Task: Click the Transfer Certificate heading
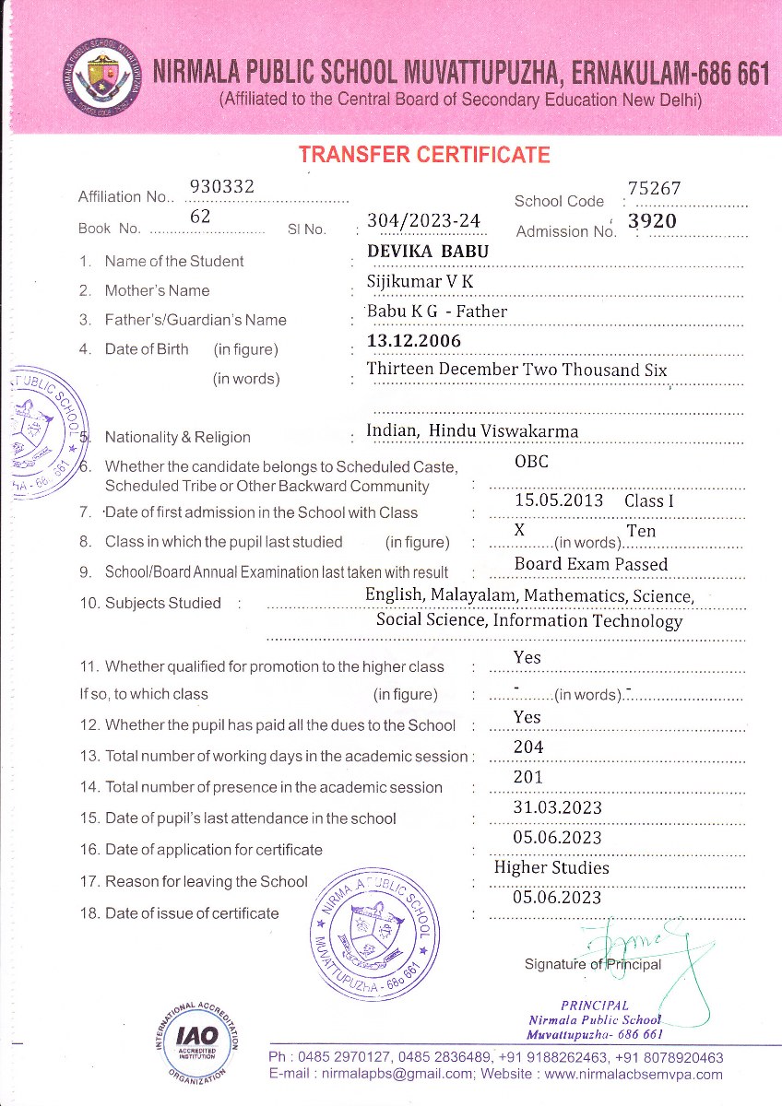424,155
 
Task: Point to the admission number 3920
652,221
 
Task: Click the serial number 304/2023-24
423,221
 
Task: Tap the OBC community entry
531,462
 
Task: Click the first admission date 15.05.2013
559,501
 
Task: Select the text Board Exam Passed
591,564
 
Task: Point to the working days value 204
528,747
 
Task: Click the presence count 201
528,778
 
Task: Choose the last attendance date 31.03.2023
557,808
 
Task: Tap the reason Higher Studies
551,868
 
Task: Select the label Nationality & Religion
177,438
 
